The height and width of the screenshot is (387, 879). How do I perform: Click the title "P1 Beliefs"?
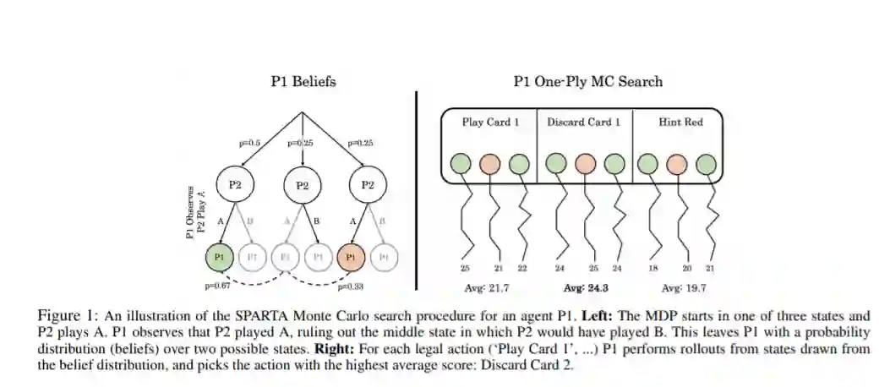pos(303,82)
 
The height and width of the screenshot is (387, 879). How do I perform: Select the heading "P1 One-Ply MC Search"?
pos(587,82)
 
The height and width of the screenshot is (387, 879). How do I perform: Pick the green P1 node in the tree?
pos(219,255)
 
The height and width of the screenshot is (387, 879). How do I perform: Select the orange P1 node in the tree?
pos(351,255)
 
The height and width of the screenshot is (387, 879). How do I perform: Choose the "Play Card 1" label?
pos(490,122)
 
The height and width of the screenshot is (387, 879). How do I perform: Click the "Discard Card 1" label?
pos(583,122)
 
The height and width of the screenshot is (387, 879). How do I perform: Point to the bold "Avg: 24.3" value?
pos(582,287)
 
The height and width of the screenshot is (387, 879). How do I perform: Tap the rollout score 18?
pos(652,268)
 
